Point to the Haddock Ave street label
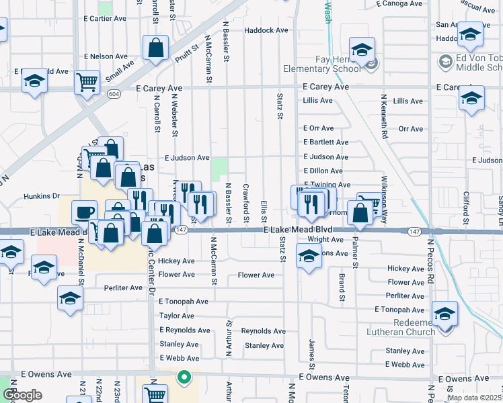click(x=266, y=30)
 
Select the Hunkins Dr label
click(x=42, y=196)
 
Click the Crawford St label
click(x=245, y=204)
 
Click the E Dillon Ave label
click(x=326, y=171)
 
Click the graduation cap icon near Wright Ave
click(x=309, y=256)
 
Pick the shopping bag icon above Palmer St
click(x=361, y=212)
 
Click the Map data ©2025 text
click(x=474, y=398)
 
